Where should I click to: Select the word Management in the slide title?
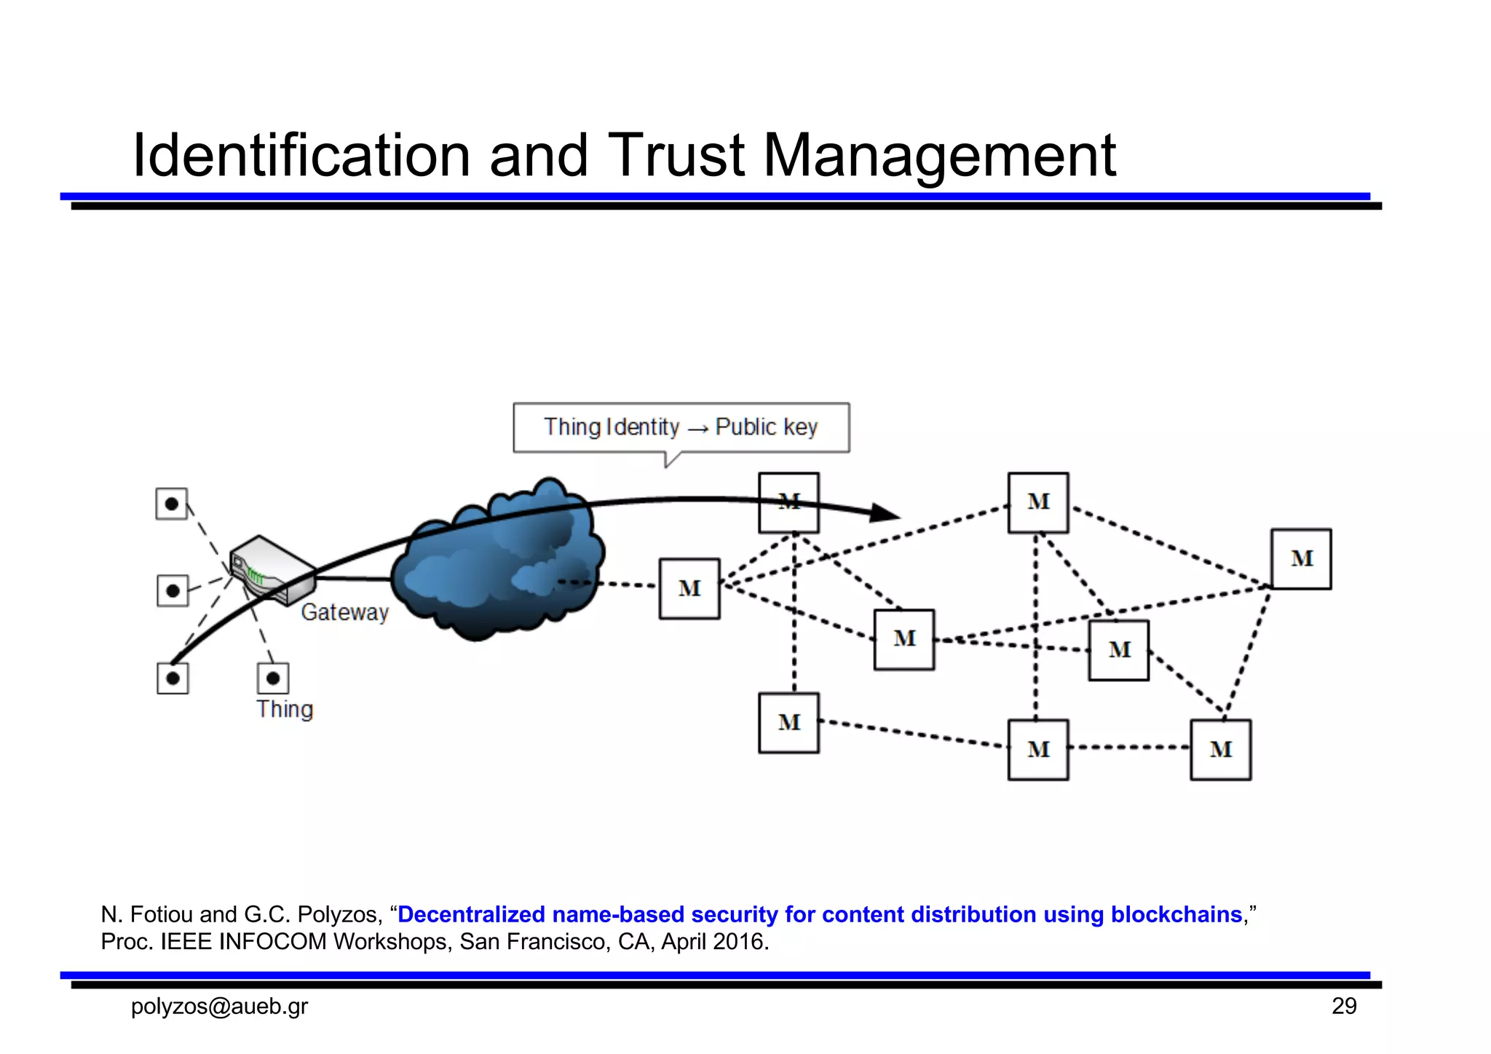(x=938, y=156)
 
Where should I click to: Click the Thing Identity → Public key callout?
(x=681, y=427)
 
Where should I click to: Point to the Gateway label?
(x=345, y=613)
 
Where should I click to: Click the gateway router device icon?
(x=271, y=568)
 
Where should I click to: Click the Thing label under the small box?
(x=285, y=709)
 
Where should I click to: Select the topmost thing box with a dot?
(x=172, y=504)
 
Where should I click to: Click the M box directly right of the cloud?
(x=689, y=588)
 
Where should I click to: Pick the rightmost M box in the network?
(x=1301, y=559)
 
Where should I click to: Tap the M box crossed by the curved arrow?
(x=788, y=502)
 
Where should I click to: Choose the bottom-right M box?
(x=1220, y=750)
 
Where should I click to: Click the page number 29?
(x=1343, y=1006)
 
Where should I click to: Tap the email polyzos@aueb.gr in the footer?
(x=219, y=1006)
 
